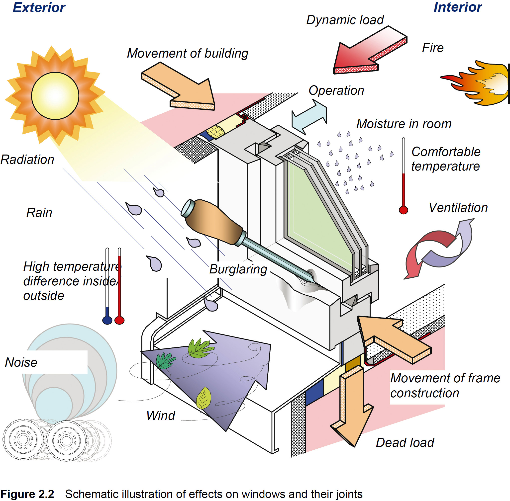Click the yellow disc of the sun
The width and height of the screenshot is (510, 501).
click(x=55, y=96)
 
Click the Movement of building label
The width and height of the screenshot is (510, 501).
click(x=188, y=53)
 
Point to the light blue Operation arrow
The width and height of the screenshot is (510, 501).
click(x=309, y=117)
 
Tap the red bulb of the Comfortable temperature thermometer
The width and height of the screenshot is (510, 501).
click(x=403, y=210)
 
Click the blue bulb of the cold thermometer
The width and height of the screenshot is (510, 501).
click(x=107, y=320)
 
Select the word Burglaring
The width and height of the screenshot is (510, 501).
click(x=238, y=269)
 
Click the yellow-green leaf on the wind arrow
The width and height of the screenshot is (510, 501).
click(x=204, y=398)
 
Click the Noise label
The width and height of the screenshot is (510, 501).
click(x=21, y=362)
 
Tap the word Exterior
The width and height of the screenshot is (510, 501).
click(x=39, y=7)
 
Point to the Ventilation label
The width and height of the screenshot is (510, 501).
click(x=458, y=208)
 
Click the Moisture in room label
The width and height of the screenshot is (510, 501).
click(x=404, y=124)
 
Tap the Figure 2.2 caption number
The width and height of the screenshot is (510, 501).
click(x=27, y=494)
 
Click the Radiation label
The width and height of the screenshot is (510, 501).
click(x=27, y=160)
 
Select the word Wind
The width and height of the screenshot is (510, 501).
click(x=161, y=416)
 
